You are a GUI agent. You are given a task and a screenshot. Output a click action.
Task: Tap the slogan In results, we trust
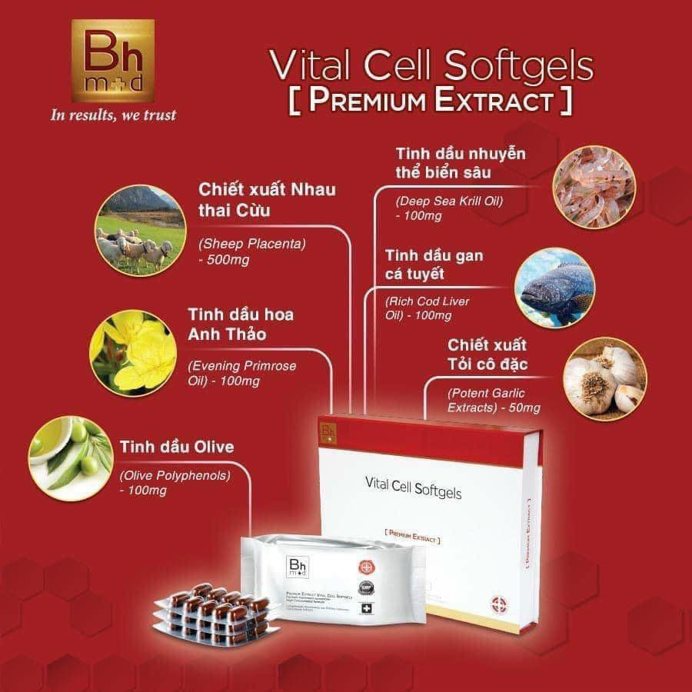[113, 115]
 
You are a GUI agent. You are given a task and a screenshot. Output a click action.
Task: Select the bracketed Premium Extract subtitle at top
[431, 101]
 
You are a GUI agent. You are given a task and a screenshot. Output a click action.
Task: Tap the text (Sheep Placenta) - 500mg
[252, 251]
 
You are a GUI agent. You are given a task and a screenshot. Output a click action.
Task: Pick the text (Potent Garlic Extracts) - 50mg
[494, 399]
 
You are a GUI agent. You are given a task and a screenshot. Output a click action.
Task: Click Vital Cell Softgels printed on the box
[414, 487]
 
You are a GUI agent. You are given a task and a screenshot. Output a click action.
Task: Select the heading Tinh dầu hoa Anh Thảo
[241, 324]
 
